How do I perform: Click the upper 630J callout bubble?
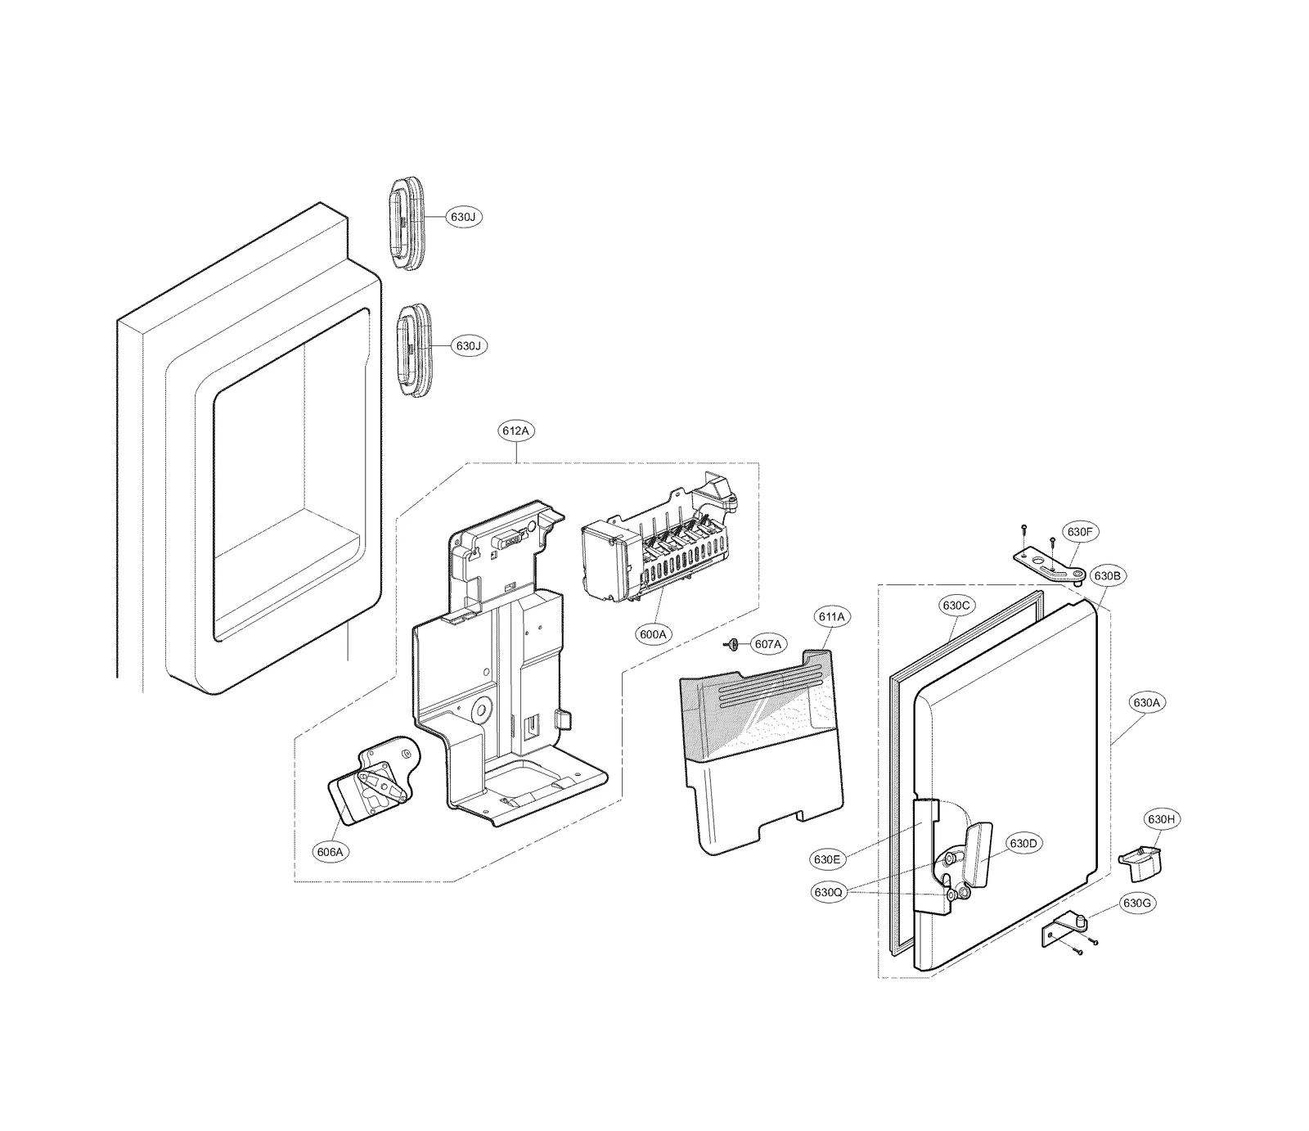pos(462,217)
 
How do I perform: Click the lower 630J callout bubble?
pos(468,346)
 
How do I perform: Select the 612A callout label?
pos(517,430)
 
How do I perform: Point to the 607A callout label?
pos(767,645)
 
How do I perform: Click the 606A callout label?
pos(331,852)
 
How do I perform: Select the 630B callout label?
pos(1107,575)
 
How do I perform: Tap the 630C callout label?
pos(956,606)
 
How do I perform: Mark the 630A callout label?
pos(1146,702)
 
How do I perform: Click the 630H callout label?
pos(1161,819)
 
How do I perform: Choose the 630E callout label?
pos(827,859)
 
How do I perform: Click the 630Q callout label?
pos(828,893)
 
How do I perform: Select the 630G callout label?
pos(1137,903)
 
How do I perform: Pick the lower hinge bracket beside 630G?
pos(1063,932)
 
